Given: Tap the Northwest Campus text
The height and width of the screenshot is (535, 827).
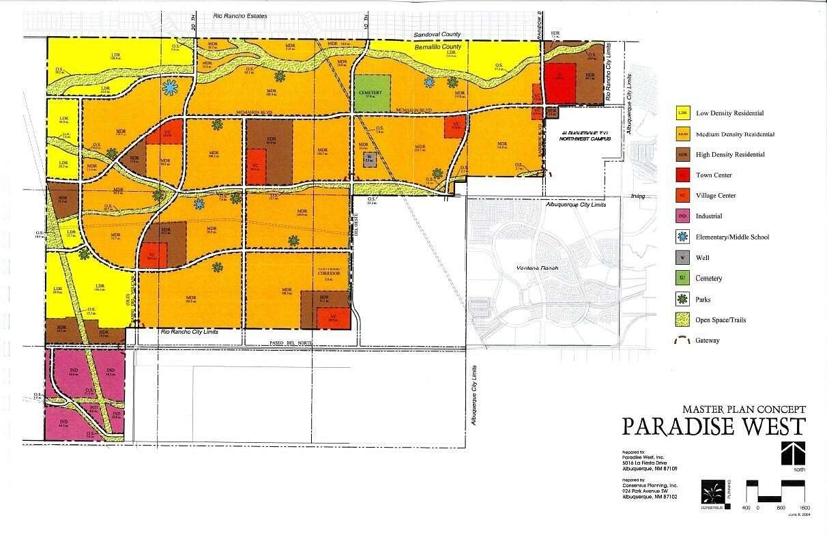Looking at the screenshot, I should click(x=583, y=139).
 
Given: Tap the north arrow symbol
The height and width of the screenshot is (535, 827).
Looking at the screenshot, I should click(x=793, y=453).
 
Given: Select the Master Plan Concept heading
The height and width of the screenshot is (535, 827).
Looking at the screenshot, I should click(x=744, y=409).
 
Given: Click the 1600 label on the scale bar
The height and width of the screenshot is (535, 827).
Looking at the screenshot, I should click(x=804, y=508).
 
